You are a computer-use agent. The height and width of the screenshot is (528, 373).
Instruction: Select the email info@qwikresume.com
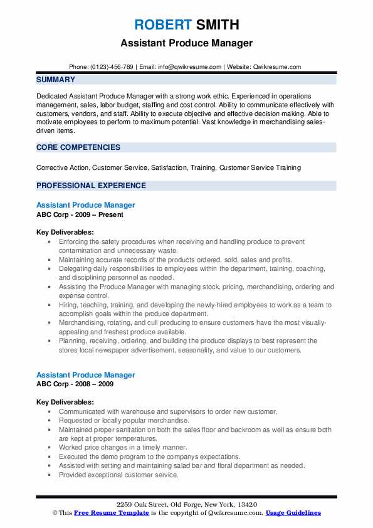pyautogui.click(x=191, y=66)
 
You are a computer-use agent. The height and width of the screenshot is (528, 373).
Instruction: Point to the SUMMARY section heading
pyautogui.click(x=56, y=80)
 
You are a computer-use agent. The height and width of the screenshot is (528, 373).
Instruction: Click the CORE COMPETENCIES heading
pyautogui.click(x=78, y=147)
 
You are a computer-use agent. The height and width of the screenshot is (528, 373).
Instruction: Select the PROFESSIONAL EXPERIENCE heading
pyautogui.click(x=91, y=186)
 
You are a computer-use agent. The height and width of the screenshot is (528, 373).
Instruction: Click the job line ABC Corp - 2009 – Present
pyautogui.click(x=80, y=214)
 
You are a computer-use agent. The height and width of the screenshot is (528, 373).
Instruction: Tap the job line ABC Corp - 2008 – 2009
pyautogui.click(x=75, y=384)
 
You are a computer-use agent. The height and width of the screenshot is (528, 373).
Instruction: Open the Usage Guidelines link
pyautogui.click(x=293, y=513)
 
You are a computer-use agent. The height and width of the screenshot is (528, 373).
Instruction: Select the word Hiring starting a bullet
pyautogui.click(x=69, y=305)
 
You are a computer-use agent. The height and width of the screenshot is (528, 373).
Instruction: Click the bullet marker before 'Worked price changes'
pyautogui.click(x=50, y=448)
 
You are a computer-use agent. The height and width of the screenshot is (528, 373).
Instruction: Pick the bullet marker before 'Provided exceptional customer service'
pyautogui.click(x=50, y=475)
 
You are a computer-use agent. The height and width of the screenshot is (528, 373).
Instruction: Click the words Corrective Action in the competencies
pyautogui.click(x=64, y=167)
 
